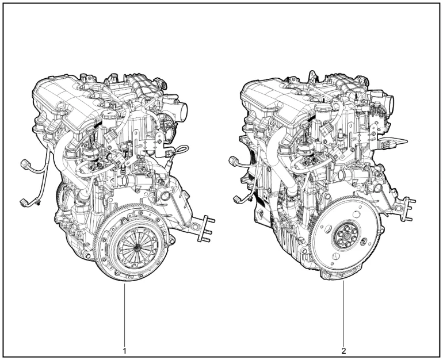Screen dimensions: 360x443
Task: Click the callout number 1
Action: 125,349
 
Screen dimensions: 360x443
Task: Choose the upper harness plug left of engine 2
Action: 235,159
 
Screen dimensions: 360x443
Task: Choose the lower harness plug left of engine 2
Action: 238,200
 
